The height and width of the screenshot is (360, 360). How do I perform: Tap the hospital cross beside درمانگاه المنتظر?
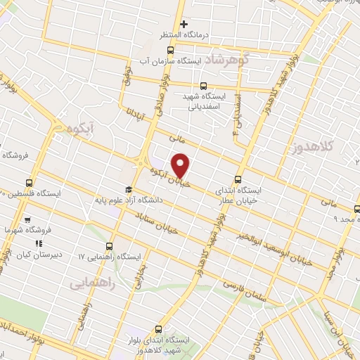[184, 25]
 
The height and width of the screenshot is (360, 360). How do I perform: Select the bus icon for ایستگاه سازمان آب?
[170, 49]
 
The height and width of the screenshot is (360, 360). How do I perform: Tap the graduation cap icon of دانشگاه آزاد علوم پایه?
[128, 189]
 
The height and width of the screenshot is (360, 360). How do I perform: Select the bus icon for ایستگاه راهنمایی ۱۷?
[109, 246]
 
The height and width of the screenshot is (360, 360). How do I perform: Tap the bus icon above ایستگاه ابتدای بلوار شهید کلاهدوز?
[159, 328]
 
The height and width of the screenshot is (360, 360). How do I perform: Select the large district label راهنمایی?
[91, 283]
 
